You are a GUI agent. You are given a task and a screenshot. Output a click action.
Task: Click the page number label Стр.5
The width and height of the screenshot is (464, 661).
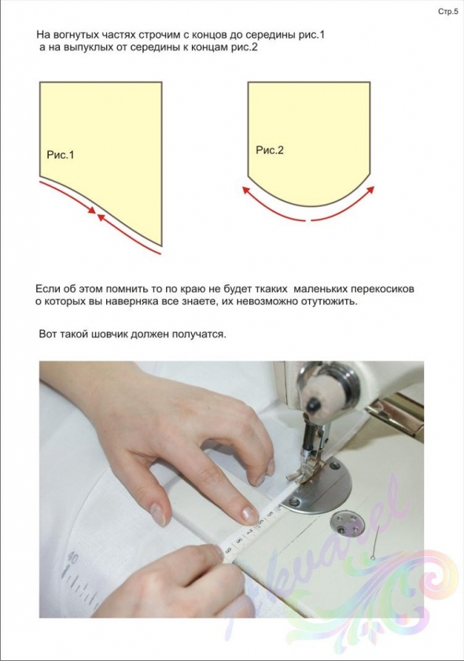tap(448, 12)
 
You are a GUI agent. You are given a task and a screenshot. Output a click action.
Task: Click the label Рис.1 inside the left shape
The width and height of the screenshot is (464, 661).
tap(61, 155)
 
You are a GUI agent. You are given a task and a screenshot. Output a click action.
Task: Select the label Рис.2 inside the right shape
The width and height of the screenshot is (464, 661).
tap(270, 150)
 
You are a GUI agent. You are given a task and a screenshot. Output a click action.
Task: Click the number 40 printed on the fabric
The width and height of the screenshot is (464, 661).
tap(72, 559)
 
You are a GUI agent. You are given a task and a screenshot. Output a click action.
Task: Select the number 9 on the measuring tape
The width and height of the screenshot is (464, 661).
tap(230, 550)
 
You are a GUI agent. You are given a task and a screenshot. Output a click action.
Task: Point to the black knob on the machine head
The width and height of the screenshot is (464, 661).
tap(313, 404)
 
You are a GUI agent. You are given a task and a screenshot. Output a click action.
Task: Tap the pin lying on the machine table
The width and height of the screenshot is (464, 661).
tap(376, 544)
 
